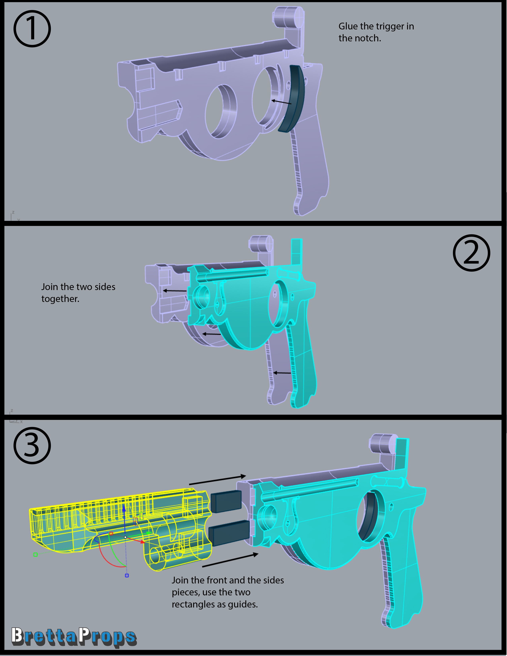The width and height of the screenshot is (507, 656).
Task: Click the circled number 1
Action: tap(32, 29)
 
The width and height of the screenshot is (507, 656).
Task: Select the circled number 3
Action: tap(32, 445)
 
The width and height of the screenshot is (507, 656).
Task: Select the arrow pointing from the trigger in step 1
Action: tap(281, 102)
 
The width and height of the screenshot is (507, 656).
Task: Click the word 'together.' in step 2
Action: tap(60, 299)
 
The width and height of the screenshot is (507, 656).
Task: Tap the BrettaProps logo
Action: tap(74, 637)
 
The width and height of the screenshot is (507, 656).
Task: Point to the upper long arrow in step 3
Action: tap(218, 480)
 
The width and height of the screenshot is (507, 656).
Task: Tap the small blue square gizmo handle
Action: tap(127, 575)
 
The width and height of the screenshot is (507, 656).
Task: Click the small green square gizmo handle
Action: tap(35, 554)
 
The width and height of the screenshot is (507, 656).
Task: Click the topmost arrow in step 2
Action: tap(175, 291)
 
